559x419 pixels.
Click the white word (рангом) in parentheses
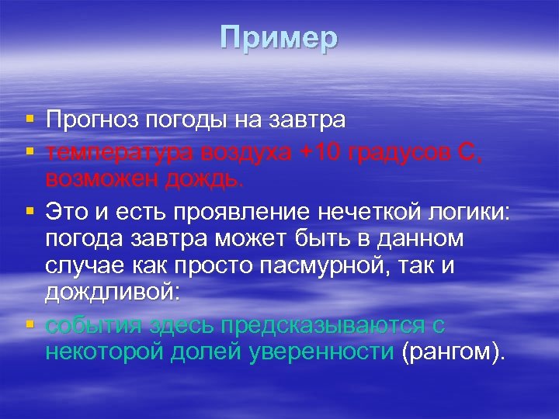452,353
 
